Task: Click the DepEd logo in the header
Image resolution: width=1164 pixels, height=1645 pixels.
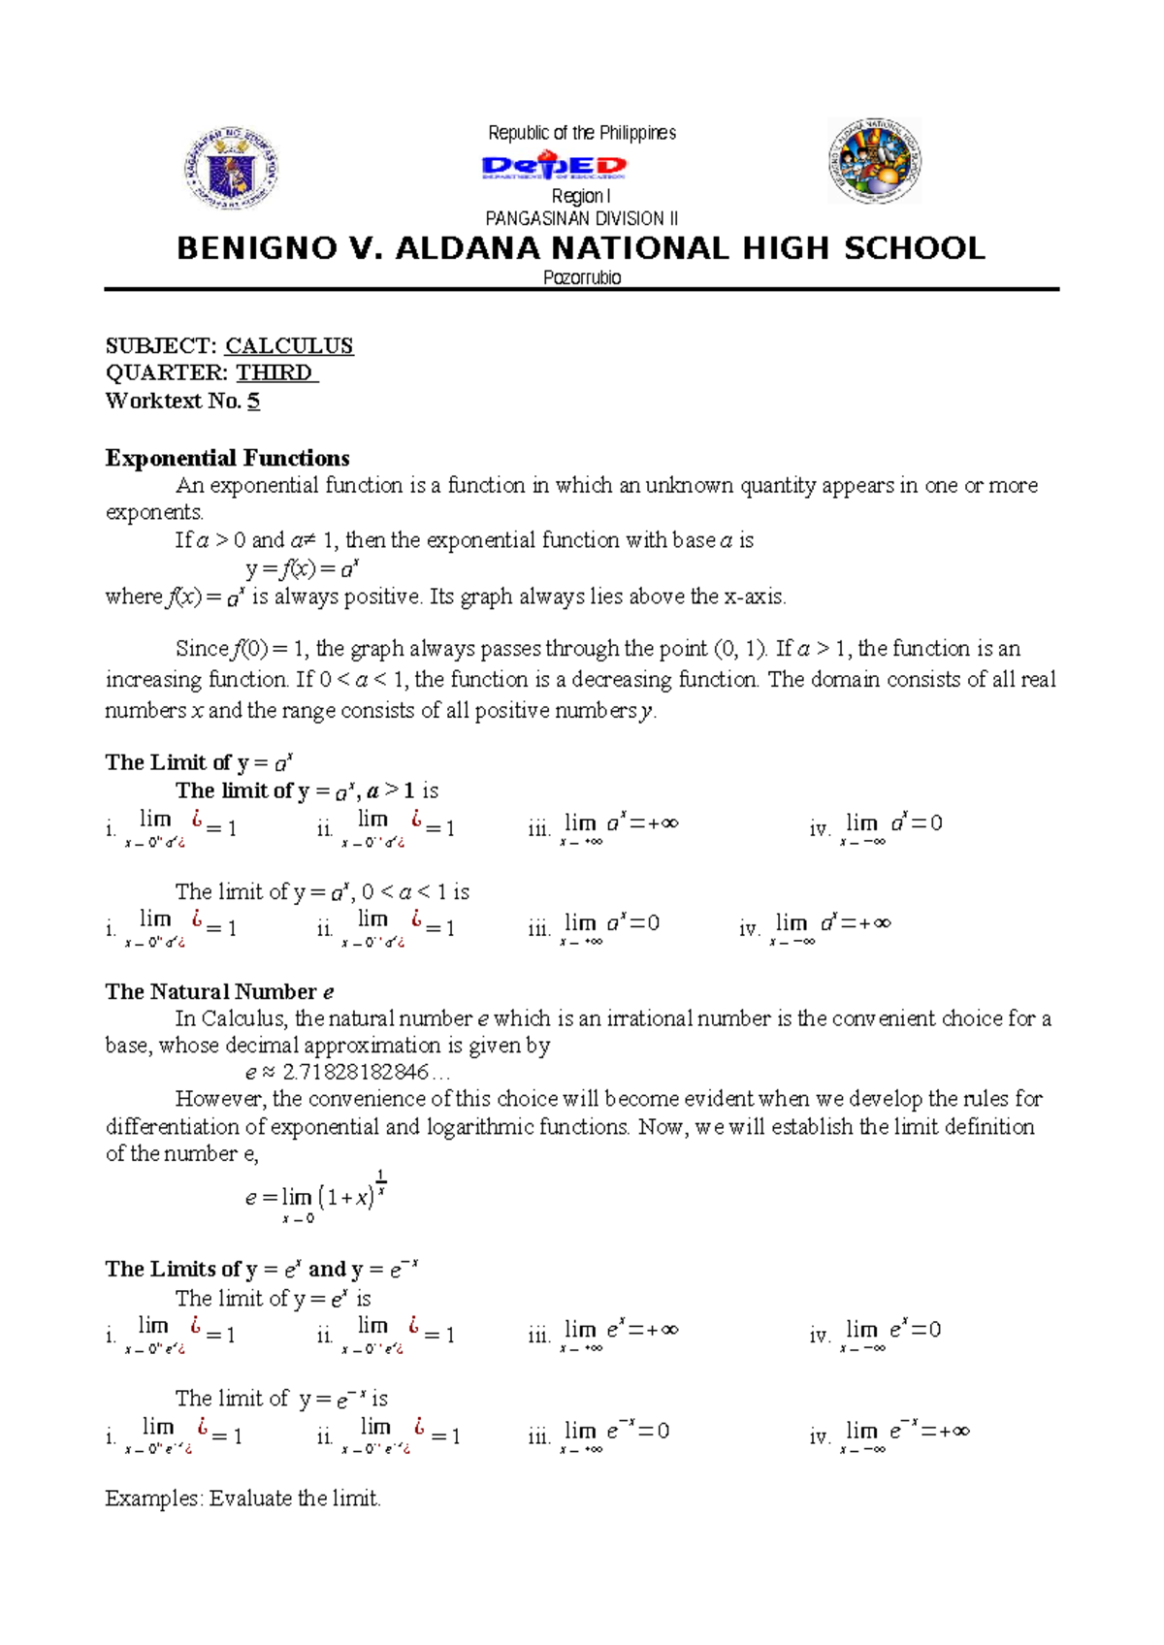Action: point(554,167)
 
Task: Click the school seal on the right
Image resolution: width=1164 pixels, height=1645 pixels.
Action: point(874,162)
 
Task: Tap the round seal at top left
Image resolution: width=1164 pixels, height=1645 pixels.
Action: point(231,169)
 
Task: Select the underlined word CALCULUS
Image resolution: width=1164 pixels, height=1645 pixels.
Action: point(289,346)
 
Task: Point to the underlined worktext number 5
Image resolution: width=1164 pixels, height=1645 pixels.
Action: point(253,401)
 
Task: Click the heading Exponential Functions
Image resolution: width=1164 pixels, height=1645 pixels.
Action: point(227,458)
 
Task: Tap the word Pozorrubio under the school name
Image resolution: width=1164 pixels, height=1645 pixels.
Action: point(582,277)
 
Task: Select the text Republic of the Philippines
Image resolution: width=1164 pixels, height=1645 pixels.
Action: point(582,133)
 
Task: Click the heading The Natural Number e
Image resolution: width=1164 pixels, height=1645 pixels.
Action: point(219,991)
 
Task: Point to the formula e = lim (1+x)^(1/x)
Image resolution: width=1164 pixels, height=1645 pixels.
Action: point(316,1197)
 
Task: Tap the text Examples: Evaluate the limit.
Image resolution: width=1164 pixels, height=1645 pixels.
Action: point(242,1499)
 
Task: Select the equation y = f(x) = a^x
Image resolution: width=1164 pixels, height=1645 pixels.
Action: point(304,568)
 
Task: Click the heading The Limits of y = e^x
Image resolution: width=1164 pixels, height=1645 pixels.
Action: point(261,1269)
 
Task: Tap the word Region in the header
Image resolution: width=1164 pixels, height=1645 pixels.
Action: point(577,197)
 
